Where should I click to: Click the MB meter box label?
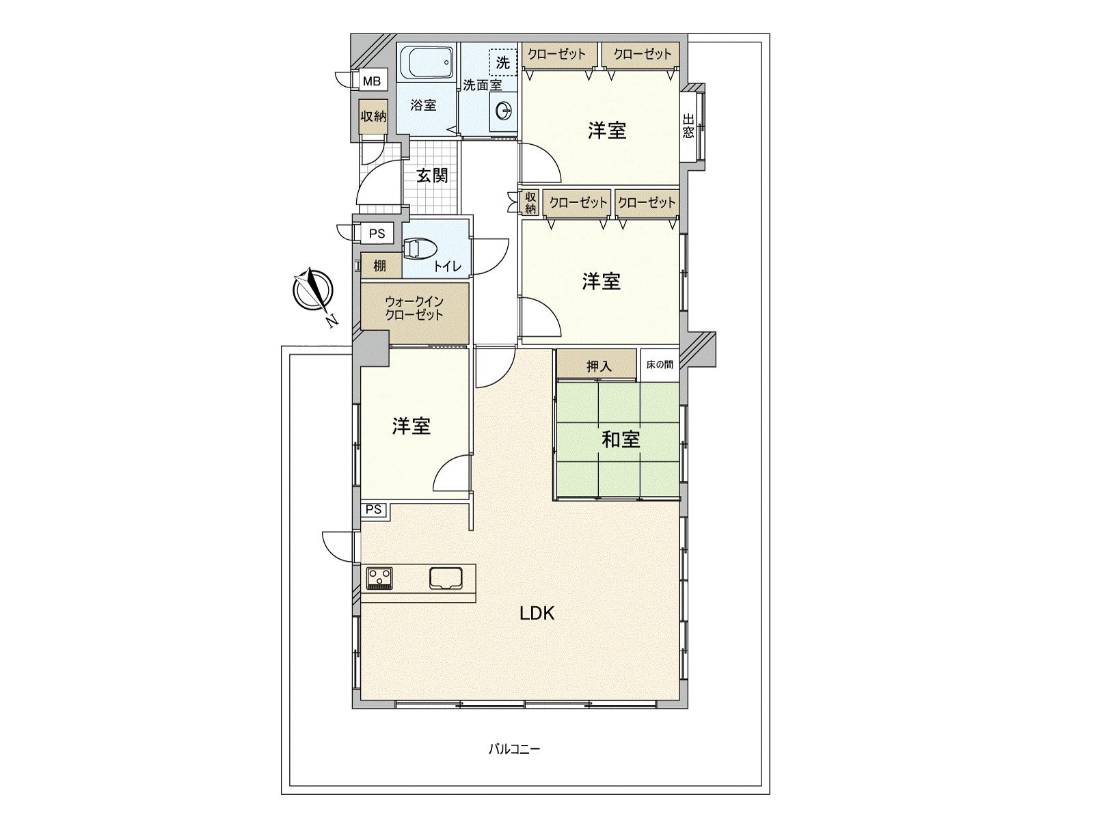[371, 81]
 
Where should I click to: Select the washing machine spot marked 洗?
[503, 63]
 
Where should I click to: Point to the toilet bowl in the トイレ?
[419, 249]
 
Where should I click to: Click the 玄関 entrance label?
[432, 176]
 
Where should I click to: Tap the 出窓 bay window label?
[688, 126]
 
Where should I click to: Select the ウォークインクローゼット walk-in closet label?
[414, 308]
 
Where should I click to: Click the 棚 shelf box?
[381, 266]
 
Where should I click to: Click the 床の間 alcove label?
[660, 364]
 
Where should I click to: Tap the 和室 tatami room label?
[621, 439]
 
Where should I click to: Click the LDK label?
[537, 614]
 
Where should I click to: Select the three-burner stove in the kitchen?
[379, 578]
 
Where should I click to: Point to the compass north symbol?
[312, 290]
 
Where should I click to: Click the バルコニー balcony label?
[514, 763]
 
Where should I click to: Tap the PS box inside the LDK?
[373, 510]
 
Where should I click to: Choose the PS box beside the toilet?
[377, 234]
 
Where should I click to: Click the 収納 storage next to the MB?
[373, 116]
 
